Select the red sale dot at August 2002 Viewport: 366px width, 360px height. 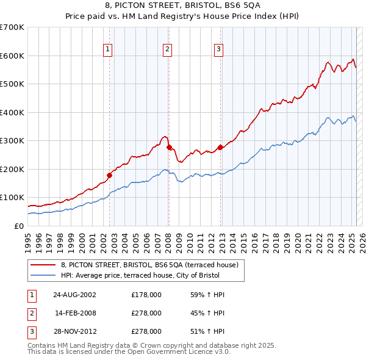tap(110, 175)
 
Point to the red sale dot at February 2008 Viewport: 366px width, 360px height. tap(169, 147)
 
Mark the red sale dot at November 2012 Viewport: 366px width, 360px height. tap(220, 147)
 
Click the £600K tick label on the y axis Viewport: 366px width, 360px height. tap(12, 56)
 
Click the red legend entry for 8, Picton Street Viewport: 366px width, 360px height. tap(152, 264)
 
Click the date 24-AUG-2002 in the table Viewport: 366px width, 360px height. tap(74, 295)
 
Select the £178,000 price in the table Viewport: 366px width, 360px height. tap(146, 295)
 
